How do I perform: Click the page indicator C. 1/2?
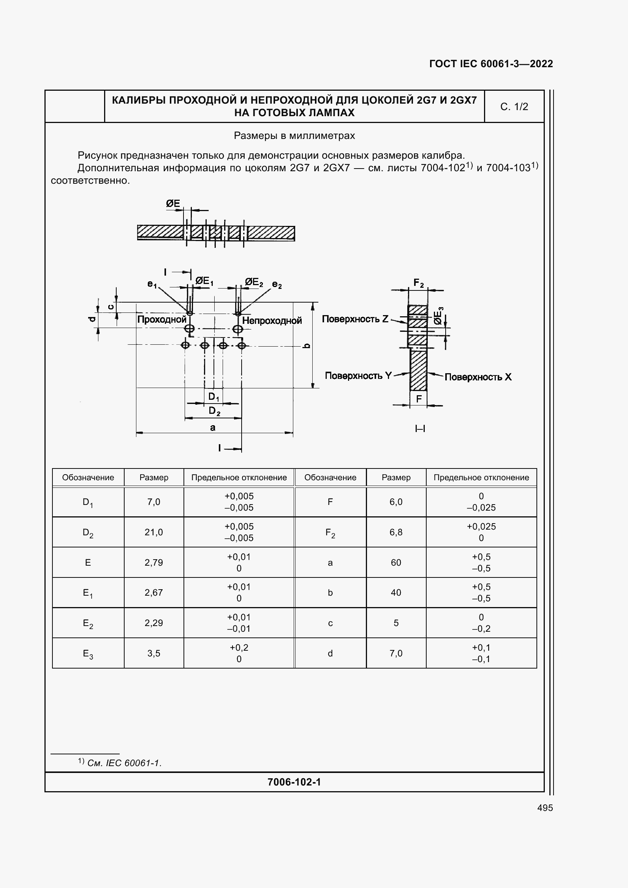514,107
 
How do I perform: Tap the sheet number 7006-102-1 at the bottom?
294,782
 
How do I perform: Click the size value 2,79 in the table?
153,562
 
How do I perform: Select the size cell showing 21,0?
153,532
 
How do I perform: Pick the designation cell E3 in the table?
88,654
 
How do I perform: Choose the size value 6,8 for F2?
396,532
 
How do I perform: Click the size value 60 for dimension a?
396,562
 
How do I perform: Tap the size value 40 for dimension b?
396,593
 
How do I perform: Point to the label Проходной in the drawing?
162,319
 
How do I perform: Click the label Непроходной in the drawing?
272,321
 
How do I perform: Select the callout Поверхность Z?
355,319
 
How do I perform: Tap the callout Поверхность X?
478,377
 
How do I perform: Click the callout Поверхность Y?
358,375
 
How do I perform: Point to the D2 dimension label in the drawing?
214,411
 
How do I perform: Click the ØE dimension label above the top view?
173,203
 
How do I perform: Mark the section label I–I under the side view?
420,429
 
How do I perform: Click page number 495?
545,808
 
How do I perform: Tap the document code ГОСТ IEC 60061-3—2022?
491,64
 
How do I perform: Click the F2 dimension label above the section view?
419,283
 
